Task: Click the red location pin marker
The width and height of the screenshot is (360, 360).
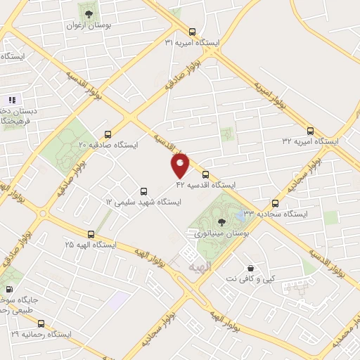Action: [181, 165]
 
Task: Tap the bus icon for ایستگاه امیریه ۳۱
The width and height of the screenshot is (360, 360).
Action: [193, 32]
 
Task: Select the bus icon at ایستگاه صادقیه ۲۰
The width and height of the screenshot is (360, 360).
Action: [108, 134]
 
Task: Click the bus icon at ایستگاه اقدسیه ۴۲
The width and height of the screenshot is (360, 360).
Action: [205, 174]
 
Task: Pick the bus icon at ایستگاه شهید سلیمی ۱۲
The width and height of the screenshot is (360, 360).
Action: [143, 191]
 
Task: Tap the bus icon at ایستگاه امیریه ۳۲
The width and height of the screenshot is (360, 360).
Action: [311, 130]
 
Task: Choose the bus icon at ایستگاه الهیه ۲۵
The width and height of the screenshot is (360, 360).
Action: [91, 234]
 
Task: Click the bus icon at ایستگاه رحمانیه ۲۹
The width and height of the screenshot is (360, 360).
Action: [41, 324]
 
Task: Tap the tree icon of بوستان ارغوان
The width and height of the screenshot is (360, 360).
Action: [88, 14]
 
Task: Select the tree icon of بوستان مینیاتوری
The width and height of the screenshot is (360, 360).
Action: [222, 221]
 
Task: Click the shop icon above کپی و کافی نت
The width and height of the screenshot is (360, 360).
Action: [251, 268]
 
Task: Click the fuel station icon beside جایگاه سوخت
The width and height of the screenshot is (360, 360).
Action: [9, 289]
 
